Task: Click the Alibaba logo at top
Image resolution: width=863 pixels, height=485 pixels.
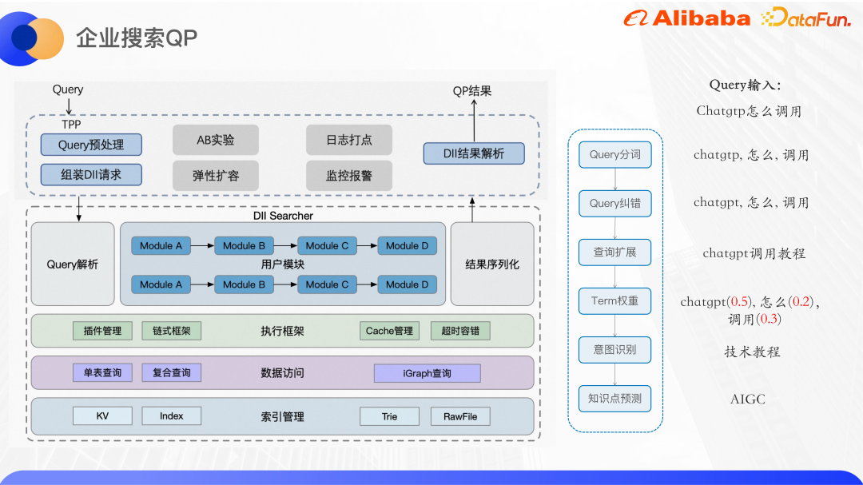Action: (x=687, y=19)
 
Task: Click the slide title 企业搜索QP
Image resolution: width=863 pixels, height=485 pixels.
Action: (x=136, y=38)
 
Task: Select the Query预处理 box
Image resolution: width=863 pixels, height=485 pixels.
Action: (x=91, y=145)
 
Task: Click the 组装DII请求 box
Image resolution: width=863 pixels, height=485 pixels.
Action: (x=91, y=174)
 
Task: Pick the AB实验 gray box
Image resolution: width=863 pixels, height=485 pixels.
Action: (x=216, y=140)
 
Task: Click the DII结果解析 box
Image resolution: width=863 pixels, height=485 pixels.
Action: (x=474, y=153)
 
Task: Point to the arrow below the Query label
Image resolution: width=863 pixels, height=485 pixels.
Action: (x=68, y=106)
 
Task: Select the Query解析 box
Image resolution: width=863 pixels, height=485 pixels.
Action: (x=73, y=264)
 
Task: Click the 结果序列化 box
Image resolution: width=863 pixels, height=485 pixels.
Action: (x=492, y=264)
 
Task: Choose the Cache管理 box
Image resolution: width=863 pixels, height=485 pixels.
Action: (x=389, y=331)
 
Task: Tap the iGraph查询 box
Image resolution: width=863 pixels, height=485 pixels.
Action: (x=427, y=373)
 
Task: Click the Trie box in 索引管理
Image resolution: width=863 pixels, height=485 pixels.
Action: (x=389, y=416)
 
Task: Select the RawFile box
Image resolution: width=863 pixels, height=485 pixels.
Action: (x=460, y=416)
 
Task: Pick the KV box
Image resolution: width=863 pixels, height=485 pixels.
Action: (x=102, y=416)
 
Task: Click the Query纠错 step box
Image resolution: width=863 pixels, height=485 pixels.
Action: (x=615, y=204)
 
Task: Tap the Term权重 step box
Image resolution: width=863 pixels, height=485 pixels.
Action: (x=615, y=301)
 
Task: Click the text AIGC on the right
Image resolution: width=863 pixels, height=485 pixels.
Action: (x=747, y=399)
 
